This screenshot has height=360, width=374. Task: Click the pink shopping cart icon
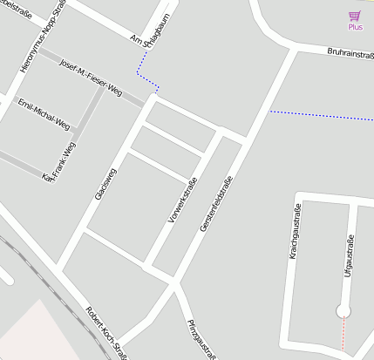[x=354, y=16]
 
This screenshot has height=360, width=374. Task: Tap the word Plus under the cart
[x=355, y=27]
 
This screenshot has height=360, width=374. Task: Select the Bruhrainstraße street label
[x=350, y=52]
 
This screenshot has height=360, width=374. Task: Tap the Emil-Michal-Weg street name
[x=44, y=114]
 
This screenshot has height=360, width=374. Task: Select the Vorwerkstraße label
[x=182, y=200]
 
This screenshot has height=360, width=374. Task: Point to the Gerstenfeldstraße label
[x=216, y=204]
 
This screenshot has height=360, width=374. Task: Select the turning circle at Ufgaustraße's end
[x=343, y=310]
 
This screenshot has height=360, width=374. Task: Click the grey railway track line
[x=35, y=275]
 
